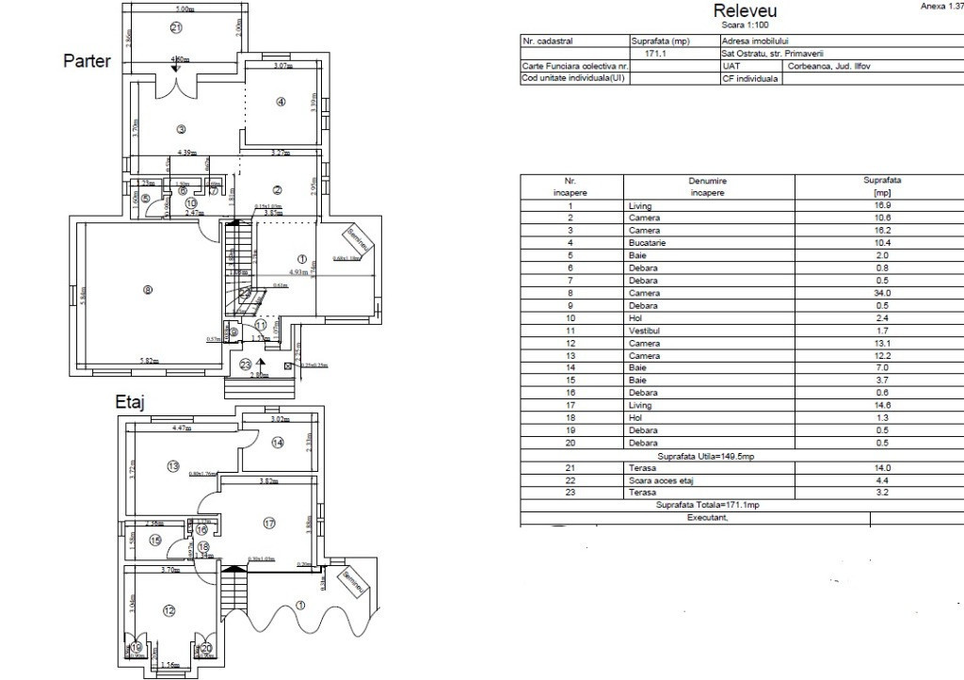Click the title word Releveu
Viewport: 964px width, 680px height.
(745, 10)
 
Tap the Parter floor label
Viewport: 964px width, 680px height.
(87, 62)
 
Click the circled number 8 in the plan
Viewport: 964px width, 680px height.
(147, 290)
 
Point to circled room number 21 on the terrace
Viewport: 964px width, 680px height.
(176, 28)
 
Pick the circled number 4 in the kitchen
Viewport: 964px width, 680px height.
(280, 102)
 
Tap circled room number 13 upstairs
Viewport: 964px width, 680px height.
(172, 465)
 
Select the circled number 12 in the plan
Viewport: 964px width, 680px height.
(169, 611)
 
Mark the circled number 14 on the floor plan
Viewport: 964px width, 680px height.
(278, 443)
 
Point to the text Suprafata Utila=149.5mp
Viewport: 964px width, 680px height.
(707, 456)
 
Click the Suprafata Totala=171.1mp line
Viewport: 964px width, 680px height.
(707, 505)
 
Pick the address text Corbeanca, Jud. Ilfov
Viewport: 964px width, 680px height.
(827, 67)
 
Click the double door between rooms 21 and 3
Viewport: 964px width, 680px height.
(176, 86)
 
